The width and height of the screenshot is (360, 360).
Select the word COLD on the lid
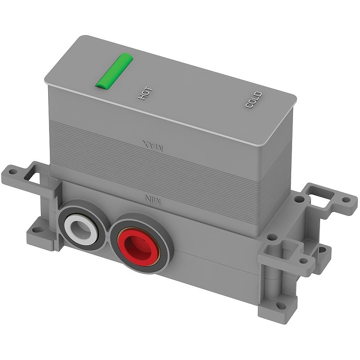pyautogui.click(x=254, y=100)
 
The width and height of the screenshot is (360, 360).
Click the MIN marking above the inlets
pyautogui.click(x=151, y=198)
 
